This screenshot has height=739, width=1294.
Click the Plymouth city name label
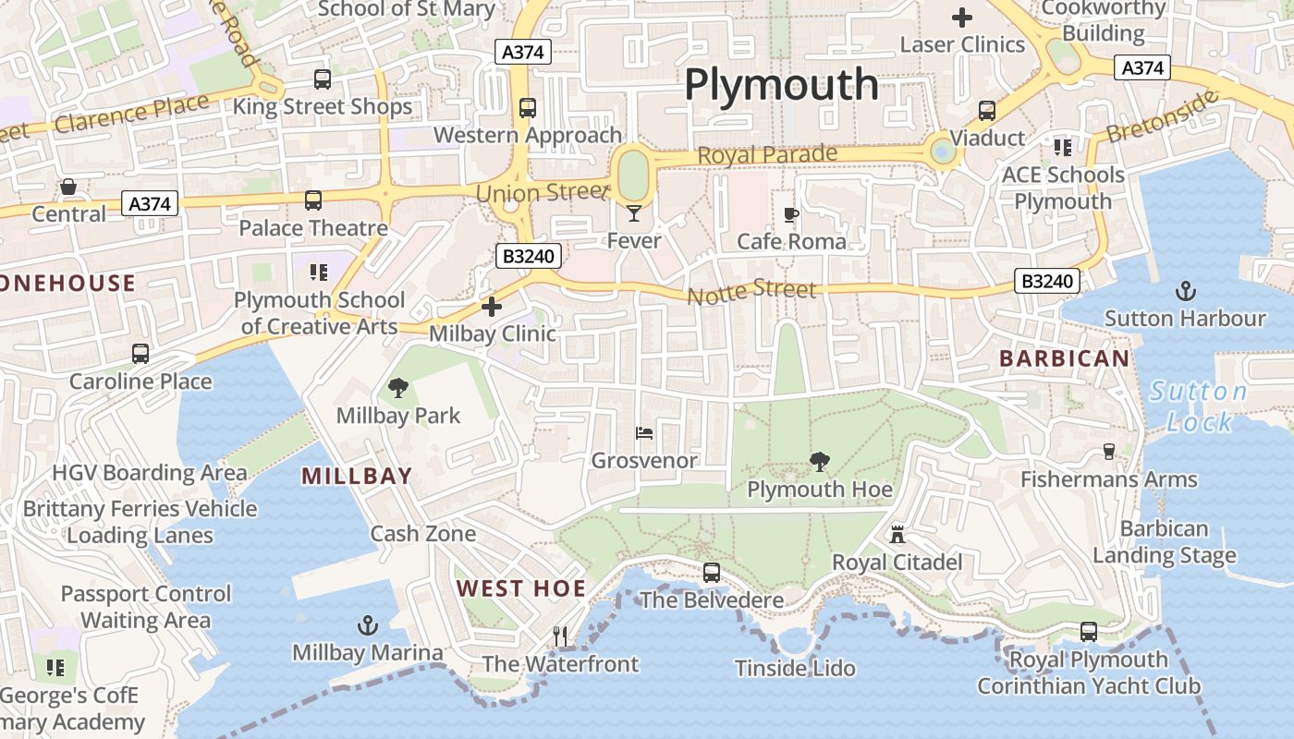coord(781,85)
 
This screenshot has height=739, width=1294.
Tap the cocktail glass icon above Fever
coord(633,214)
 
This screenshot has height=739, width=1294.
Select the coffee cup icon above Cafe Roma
coord(790,215)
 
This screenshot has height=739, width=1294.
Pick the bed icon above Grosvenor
coord(644,432)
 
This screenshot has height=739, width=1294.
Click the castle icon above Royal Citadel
coord(897,534)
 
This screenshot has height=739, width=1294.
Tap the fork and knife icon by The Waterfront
coord(560,636)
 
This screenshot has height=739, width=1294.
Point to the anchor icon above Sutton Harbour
coord(1185,292)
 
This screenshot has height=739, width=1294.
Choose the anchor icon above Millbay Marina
coord(368,625)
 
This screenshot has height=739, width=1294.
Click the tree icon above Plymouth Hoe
coord(819,462)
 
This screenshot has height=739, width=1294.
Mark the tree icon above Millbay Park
coord(398,388)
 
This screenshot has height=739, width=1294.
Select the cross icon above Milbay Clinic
coord(492,306)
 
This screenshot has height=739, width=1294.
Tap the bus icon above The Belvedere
coord(711,573)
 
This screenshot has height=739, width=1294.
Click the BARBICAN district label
coord(1064,358)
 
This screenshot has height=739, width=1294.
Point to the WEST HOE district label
coord(521,588)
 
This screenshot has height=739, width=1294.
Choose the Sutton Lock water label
coord(1199,406)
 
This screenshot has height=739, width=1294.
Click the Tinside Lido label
coord(795,668)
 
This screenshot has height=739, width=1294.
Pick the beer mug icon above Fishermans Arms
coord(1109,452)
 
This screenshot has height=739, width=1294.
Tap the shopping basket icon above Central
coord(68,188)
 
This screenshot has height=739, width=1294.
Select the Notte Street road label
coord(751,291)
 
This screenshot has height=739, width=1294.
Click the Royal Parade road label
coord(767,155)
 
